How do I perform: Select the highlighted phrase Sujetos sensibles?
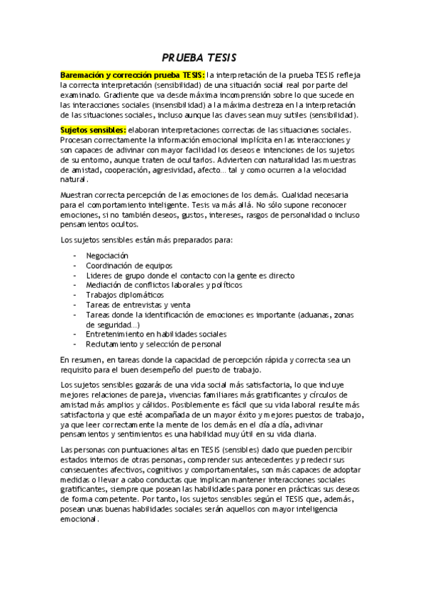coord(93,130)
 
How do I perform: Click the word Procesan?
coord(77,140)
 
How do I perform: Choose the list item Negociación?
coord(107,255)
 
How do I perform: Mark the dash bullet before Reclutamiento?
coord(75,344)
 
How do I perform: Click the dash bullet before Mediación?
coord(75,284)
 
